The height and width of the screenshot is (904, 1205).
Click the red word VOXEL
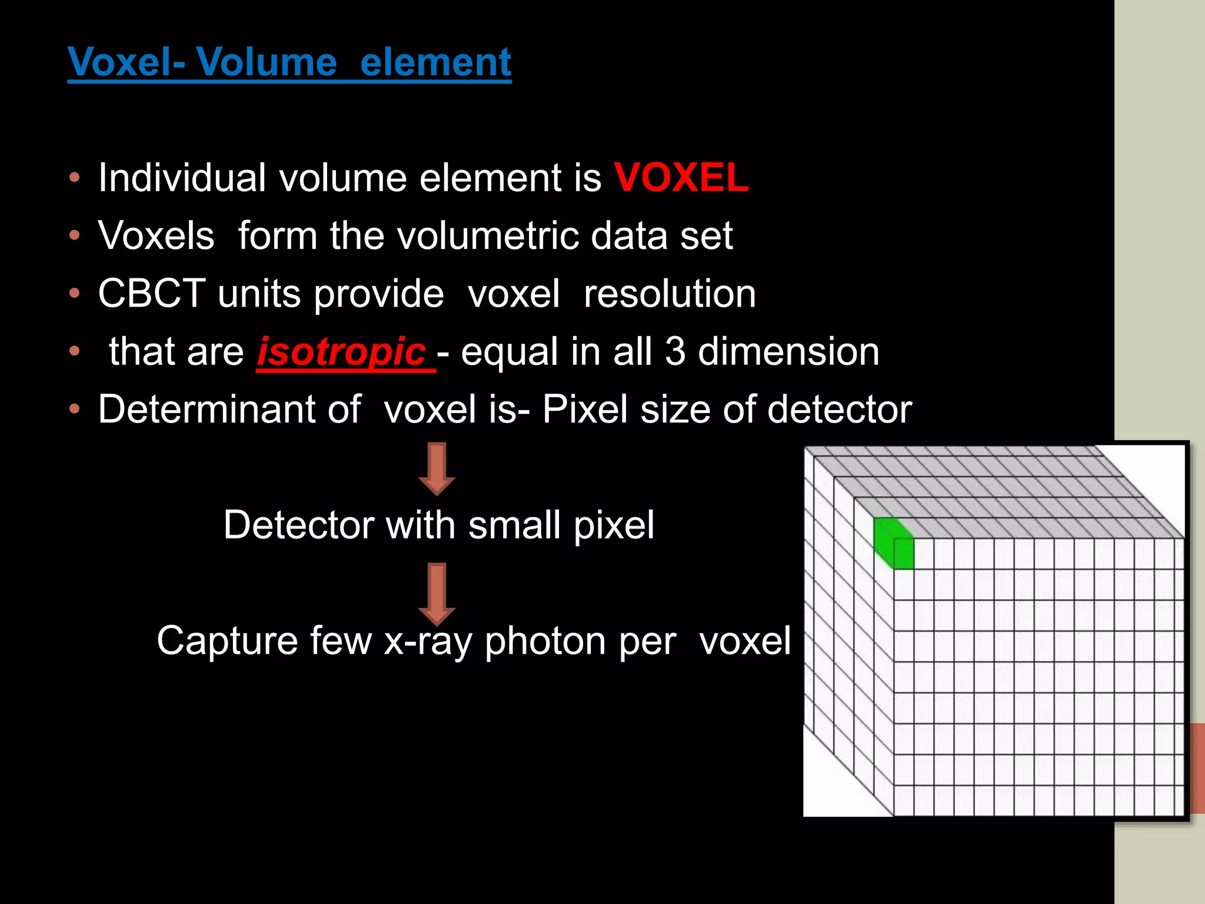click(x=681, y=177)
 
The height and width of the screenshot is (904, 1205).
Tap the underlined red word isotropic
click(x=342, y=351)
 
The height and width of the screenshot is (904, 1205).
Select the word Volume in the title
click(x=267, y=62)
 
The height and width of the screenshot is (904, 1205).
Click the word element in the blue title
click(x=435, y=62)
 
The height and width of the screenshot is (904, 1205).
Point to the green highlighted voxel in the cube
click(x=893, y=543)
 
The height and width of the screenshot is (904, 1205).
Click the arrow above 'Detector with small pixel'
click(x=437, y=468)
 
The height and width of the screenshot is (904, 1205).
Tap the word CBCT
click(x=152, y=293)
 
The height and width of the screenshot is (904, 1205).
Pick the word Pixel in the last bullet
click(x=585, y=409)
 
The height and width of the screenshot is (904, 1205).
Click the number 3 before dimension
click(x=675, y=351)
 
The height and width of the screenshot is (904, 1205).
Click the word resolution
click(x=670, y=293)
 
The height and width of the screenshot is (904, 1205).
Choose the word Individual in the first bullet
click(x=182, y=177)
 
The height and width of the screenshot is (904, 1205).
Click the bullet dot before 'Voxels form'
click(x=74, y=235)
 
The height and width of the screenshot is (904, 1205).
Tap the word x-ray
click(x=428, y=641)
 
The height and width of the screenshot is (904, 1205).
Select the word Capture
click(x=227, y=641)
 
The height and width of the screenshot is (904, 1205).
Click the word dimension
click(x=788, y=351)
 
